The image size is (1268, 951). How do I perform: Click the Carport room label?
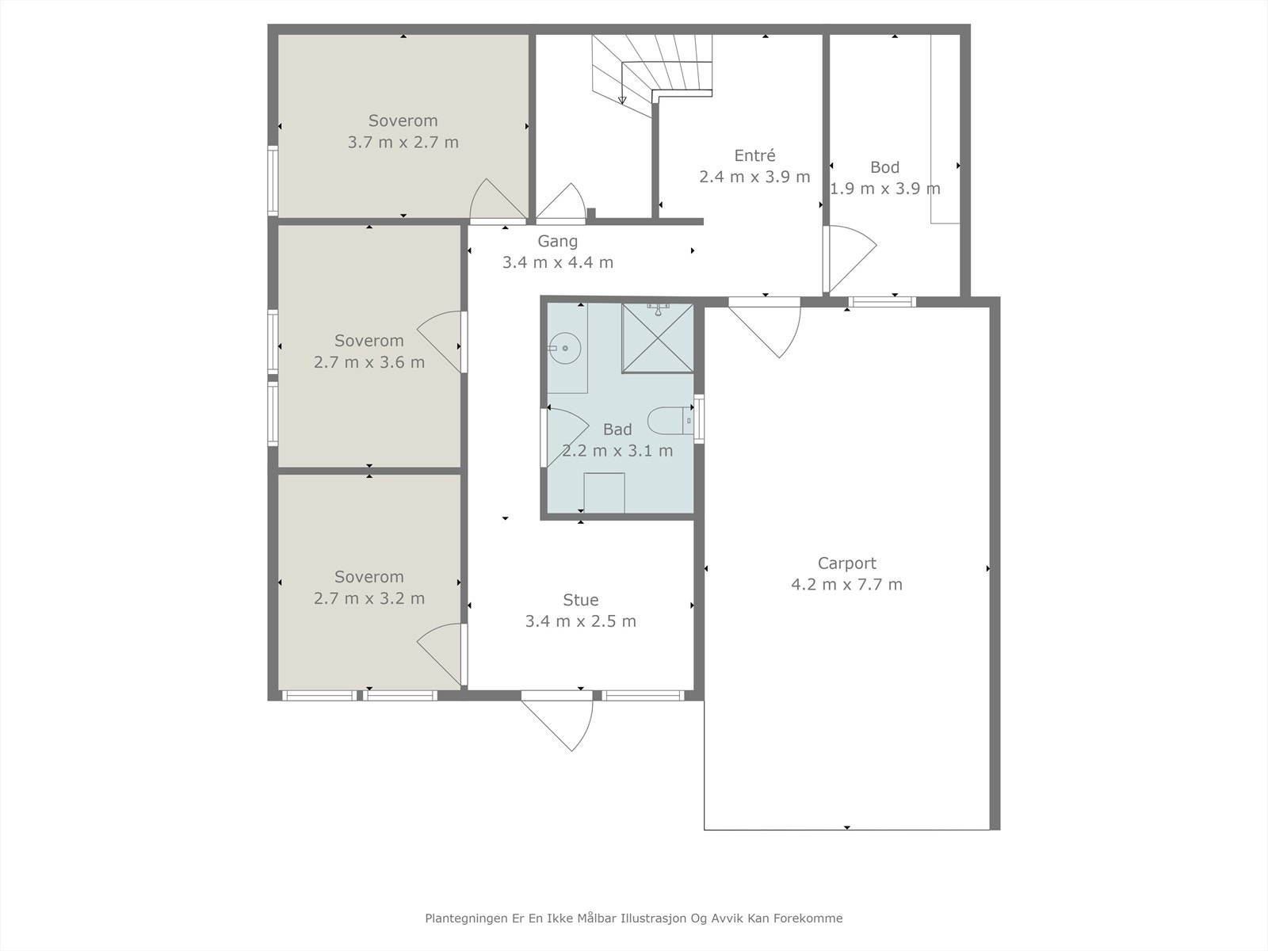click(847, 563)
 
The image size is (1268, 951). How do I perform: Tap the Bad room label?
click(617, 429)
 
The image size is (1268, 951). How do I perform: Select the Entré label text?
click(754, 155)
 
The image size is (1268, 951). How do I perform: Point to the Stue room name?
click(581, 600)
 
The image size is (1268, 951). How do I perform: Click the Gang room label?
click(557, 242)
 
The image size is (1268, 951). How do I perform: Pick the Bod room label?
click(885, 167)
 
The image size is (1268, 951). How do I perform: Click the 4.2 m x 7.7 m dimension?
click(847, 584)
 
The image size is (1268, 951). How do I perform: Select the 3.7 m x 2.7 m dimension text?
click(403, 142)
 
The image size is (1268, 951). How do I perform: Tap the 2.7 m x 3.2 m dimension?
click(369, 598)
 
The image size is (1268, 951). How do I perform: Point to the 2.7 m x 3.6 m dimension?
click(369, 362)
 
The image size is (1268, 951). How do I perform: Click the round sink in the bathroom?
click(563, 348)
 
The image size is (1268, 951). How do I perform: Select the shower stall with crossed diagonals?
click(658, 338)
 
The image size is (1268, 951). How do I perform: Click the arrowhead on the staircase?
click(621, 101)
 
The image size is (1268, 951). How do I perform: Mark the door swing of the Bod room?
click(850, 258)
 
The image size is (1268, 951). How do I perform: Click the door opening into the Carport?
click(764, 327)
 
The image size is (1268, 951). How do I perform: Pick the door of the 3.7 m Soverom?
click(498, 201)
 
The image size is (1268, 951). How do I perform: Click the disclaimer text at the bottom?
click(634, 918)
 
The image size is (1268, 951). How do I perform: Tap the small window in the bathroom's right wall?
click(699, 418)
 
